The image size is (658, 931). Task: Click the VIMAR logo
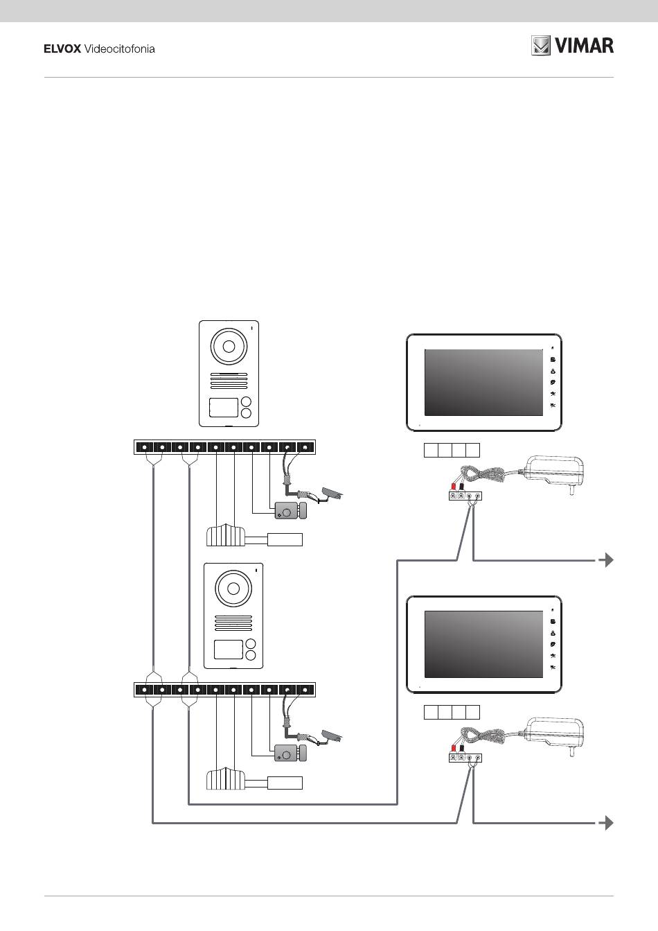[572, 46]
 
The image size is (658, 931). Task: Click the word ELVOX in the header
[62, 49]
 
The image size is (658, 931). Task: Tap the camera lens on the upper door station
[229, 347]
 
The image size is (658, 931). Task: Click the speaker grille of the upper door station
[229, 381]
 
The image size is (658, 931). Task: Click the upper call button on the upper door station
[247, 403]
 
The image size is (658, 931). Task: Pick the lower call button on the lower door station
[251, 656]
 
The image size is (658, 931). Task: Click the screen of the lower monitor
[482, 644]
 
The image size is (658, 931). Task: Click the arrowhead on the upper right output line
[608, 560]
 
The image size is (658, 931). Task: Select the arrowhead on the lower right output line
[608, 823]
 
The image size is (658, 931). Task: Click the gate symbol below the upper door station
[226, 537]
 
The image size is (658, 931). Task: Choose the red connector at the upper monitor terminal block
[453, 487]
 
